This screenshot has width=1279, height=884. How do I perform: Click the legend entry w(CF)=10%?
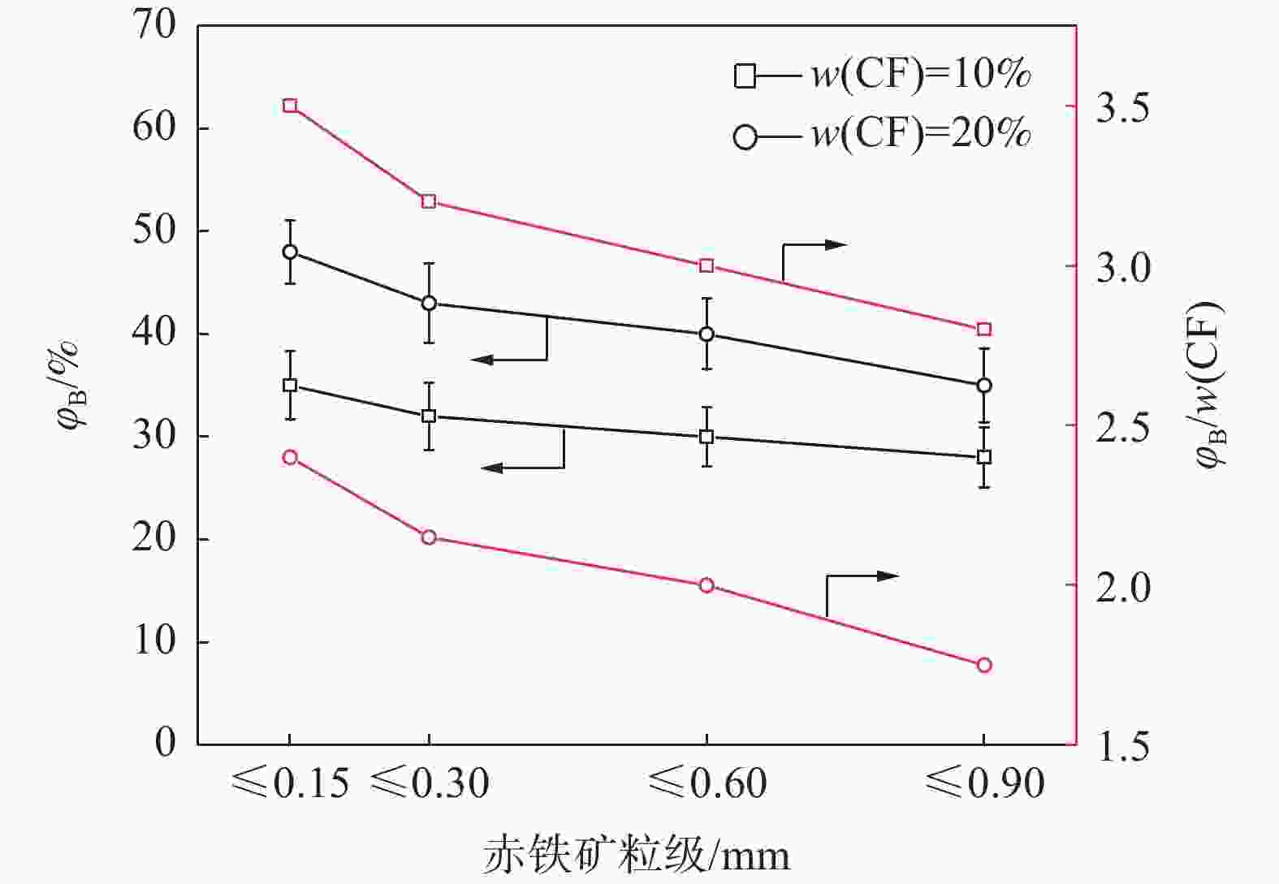(x=882, y=75)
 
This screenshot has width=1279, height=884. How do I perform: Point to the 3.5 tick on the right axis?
(x=1123, y=107)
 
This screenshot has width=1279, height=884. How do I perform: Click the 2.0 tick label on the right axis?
(x=1123, y=586)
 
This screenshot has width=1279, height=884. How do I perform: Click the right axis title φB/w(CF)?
(x=1209, y=385)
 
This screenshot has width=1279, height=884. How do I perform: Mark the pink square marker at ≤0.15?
(x=290, y=106)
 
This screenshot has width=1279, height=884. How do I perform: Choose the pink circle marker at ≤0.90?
(x=984, y=666)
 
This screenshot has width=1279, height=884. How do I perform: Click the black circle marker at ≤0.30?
(x=430, y=304)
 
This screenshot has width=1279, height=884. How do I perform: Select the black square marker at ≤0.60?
(x=706, y=437)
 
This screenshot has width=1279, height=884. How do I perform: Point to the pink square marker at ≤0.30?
(x=430, y=201)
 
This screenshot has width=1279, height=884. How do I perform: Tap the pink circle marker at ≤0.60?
(x=706, y=585)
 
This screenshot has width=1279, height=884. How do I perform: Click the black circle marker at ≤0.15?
(x=290, y=252)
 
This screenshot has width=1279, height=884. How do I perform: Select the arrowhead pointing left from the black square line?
(x=492, y=468)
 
